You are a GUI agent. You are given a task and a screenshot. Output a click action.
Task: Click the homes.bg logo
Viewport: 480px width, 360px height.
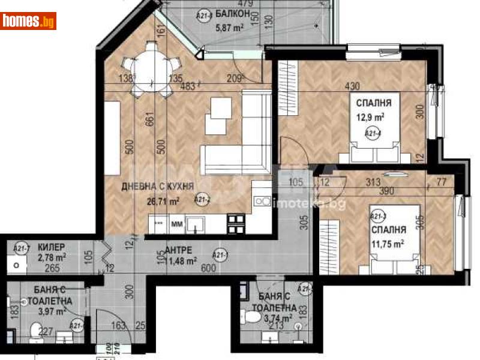point(29,21)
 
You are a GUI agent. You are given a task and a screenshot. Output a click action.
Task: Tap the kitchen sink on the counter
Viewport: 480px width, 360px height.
point(197,224)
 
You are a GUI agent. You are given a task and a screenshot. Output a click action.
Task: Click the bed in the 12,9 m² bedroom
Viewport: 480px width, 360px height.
point(374,144)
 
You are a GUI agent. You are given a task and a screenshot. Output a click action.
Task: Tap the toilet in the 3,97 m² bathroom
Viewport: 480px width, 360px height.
point(37,331)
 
